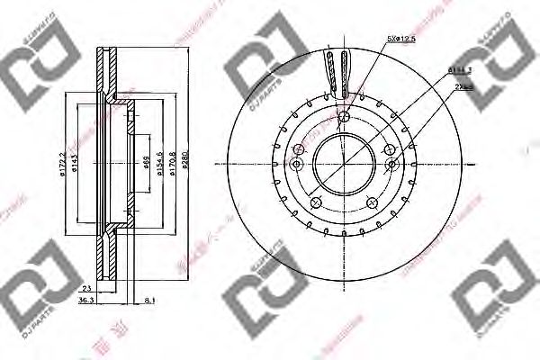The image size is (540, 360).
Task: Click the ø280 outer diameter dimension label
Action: coord(185,165)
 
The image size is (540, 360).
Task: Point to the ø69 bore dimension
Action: coord(144,165)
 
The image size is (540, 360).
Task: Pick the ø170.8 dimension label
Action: coord(172,165)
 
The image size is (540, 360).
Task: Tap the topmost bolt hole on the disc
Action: coord(344,115)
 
